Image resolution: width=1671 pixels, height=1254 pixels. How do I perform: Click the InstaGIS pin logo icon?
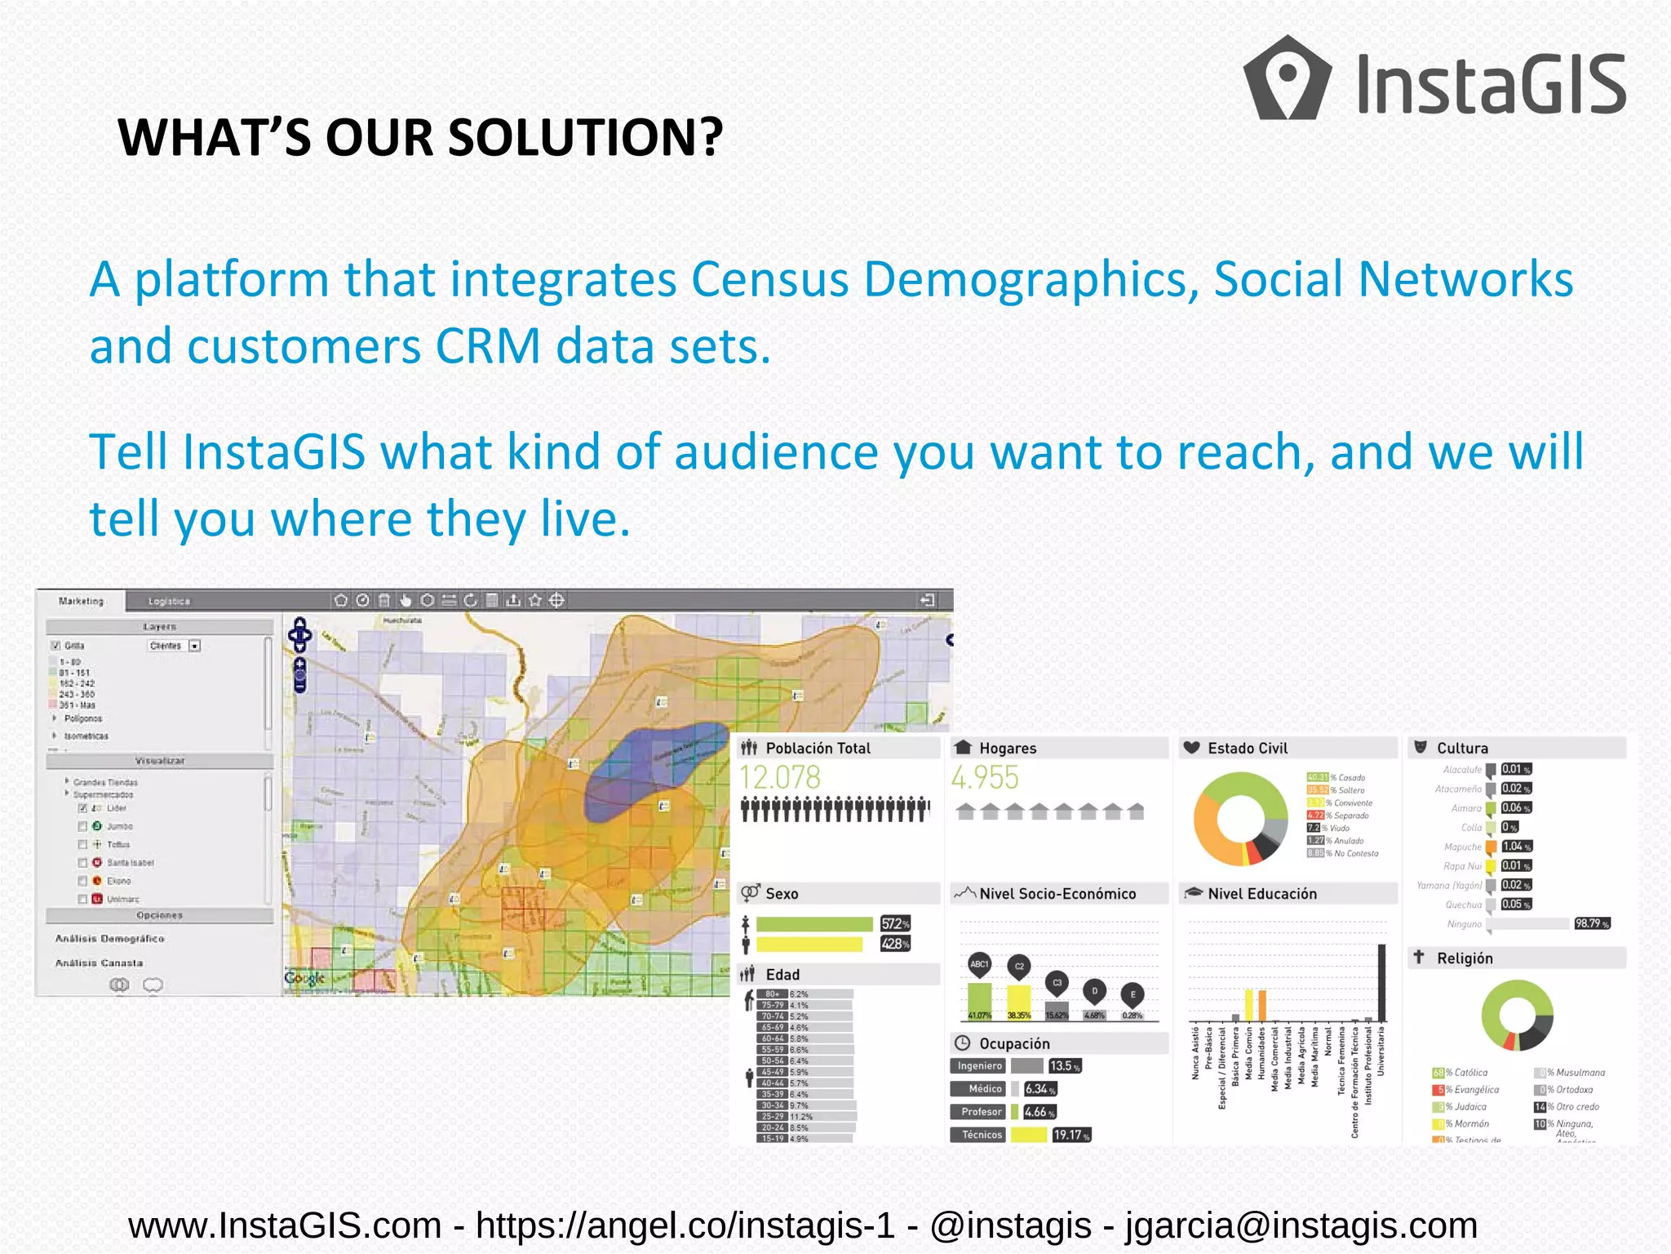coord(1287,78)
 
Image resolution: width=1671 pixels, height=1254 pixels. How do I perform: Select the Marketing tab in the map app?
coord(82,602)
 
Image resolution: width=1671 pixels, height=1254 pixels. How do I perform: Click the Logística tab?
coord(169,602)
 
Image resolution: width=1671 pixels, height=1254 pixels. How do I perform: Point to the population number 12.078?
coord(779,777)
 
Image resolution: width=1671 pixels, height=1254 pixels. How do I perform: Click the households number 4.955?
coord(985,777)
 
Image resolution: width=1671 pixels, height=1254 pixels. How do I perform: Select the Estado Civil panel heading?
coord(1247,748)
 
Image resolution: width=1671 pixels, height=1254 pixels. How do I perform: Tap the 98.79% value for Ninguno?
coord(1591,923)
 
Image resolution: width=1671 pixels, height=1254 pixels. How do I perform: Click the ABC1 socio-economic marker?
coord(979,965)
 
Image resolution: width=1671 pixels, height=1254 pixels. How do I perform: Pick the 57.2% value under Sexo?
coord(895,923)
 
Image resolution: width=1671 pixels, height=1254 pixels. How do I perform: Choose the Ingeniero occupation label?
coord(979,1065)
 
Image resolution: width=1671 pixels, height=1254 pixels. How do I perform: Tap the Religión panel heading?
coord(1464,958)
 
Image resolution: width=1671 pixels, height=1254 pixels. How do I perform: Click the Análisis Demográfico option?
coord(110,939)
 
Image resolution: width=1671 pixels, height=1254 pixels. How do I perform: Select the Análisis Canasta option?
coord(100,963)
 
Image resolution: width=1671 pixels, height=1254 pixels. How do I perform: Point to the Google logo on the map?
coord(304,977)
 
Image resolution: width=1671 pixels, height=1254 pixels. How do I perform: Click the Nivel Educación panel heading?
coord(1261,894)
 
